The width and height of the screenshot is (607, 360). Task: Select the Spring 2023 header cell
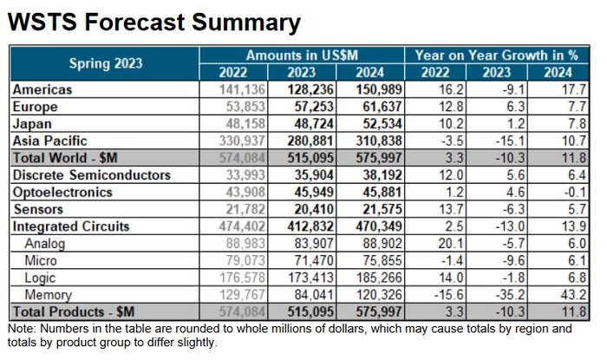(106, 63)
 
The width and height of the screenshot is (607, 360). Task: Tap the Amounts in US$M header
(302, 55)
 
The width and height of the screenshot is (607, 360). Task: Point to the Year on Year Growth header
(497, 55)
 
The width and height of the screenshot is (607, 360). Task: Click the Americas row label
(42, 89)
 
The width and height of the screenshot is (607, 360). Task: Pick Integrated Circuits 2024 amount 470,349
(375, 226)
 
